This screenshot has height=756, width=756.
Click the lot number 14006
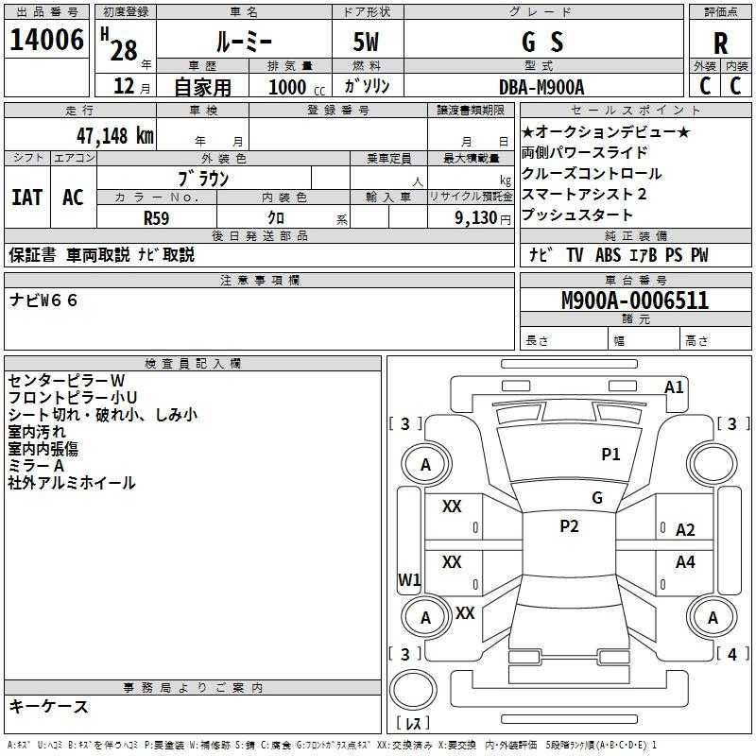pos(47,41)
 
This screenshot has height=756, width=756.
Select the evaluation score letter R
pos(720,43)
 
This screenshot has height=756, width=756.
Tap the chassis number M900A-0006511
pos(635,301)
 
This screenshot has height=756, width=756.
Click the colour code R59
pos(157,216)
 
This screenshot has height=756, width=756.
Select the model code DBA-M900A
pos(541,87)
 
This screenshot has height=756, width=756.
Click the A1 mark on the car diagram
pos(674,387)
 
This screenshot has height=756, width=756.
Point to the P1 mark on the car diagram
pos(610,455)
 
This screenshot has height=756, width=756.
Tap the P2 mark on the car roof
pos(569,526)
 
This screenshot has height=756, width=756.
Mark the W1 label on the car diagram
pos(409,579)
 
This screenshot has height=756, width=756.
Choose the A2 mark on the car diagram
pos(685,530)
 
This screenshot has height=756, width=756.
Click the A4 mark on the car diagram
pos(685,562)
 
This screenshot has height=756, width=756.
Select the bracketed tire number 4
pos(731,653)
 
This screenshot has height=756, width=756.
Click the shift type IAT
pos(27,198)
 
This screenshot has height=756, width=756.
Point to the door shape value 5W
pos(367,43)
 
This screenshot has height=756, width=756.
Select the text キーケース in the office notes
pos(49,707)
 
